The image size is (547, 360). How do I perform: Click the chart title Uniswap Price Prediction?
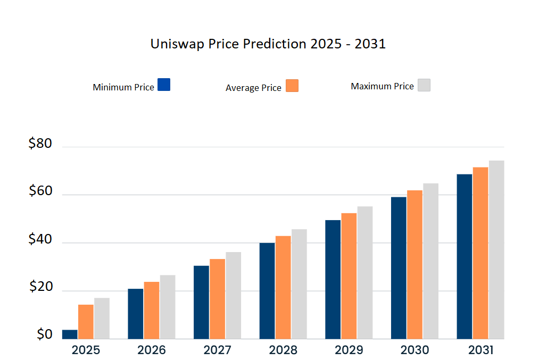pos(268,44)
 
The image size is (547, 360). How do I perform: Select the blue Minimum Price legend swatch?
pos(164,85)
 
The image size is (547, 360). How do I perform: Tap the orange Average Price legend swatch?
pos(292,86)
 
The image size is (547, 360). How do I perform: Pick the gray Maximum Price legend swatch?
pos(424,85)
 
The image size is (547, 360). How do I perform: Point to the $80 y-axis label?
pos(40,144)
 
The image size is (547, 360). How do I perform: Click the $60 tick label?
pos(40,191)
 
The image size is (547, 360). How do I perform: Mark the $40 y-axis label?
pos(40,240)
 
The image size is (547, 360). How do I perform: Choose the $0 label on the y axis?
pos(44,334)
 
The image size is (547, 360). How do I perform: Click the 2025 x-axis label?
pos(86,350)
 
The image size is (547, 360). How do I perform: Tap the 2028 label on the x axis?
pos(283,350)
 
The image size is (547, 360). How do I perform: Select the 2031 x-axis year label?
pos(480,350)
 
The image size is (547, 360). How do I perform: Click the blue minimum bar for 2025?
pos(70,334)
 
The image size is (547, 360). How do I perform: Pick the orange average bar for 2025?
pos(86,322)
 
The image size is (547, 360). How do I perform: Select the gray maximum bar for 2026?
pos(168,307)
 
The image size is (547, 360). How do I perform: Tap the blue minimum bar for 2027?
pos(201,302)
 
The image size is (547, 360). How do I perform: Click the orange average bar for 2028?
pos(283,287)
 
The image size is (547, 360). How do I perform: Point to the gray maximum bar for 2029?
pos(365,272)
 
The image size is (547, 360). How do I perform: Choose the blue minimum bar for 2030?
pos(399,268)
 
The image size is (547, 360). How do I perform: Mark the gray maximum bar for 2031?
pos(496,249)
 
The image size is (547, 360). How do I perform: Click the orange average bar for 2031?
pos(480,253)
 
